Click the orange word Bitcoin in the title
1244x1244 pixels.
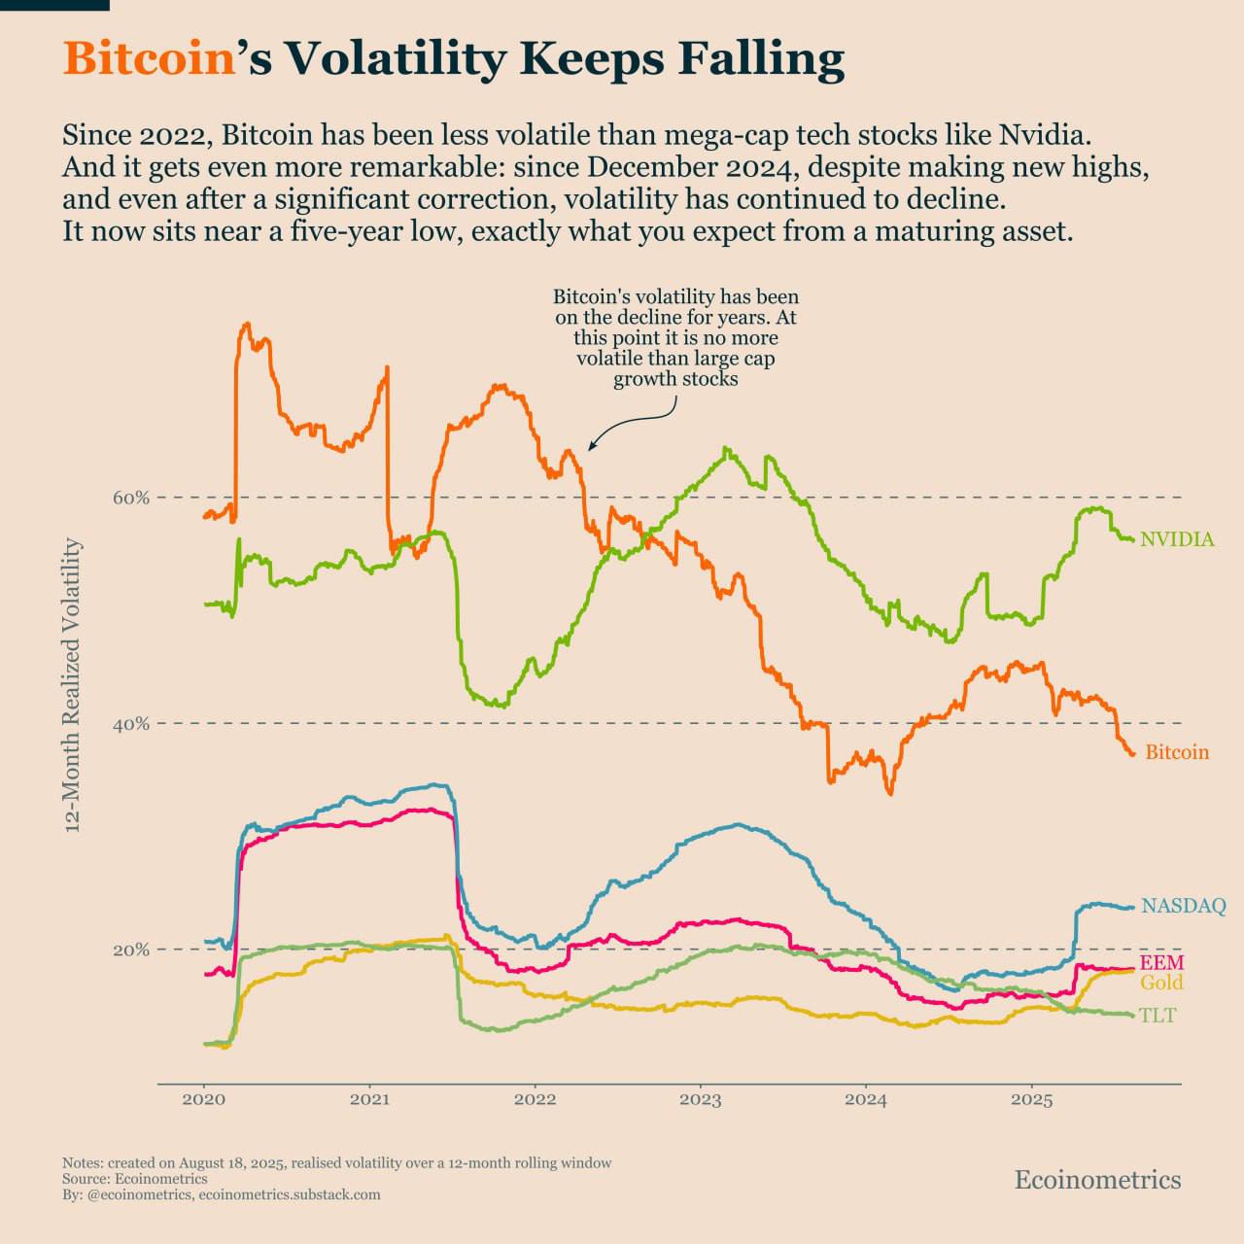(150, 58)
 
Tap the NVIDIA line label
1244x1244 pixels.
(1177, 539)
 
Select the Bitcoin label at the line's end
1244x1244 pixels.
(1177, 752)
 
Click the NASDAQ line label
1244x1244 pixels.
(1183, 906)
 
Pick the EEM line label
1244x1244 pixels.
(1161, 963)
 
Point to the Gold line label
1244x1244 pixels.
(1161, 983)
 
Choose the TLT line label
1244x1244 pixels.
(1158, 1016)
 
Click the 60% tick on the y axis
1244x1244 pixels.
(131, 498)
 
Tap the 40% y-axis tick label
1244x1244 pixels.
(131, 724)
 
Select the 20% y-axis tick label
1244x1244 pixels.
(131, 950)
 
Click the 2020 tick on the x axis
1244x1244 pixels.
(204, 1100)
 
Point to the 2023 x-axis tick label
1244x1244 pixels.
(700, 1100)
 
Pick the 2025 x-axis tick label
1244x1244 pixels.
(1031, 1100)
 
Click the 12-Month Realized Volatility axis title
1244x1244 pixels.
(72, 686)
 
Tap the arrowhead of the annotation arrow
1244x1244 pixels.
(590, 448)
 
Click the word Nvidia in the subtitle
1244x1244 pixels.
(1052, 133)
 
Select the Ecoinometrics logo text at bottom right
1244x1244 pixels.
(1097, 1180)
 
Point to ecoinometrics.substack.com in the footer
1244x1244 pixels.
(290, 1194)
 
